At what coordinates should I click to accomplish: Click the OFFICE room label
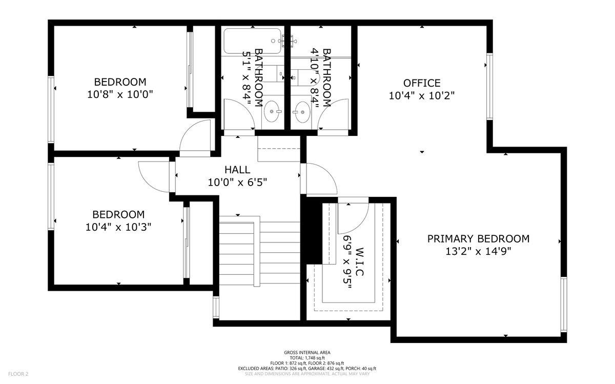point(421,83)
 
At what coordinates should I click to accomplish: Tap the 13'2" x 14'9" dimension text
point(478,251)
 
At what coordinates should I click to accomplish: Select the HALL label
point(237,169)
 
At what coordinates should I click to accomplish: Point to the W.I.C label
point(359,262)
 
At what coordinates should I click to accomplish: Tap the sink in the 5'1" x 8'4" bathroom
point(272,109)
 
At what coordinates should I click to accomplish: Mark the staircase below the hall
point(259,251)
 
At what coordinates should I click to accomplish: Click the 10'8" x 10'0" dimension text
point(120,94)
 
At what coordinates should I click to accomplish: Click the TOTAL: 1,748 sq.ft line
point(307,357)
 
